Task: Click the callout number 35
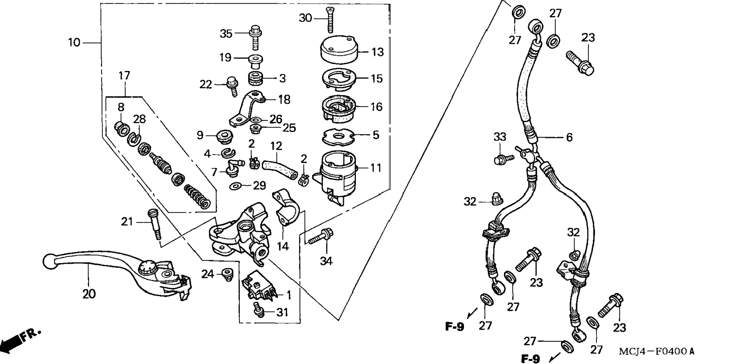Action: (226, 34)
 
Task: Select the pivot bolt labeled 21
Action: (154, 224)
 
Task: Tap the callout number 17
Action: (124, 75)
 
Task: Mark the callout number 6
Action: (569, 137)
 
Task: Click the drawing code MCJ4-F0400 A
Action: (656, 351)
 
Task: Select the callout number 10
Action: (74, 43)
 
